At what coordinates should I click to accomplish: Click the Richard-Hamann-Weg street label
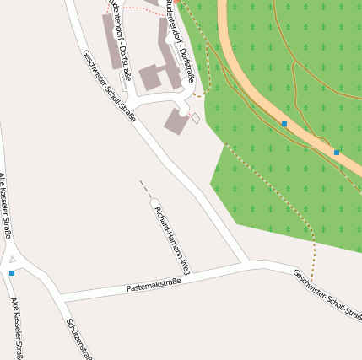coord(175,239)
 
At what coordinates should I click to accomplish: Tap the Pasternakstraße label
coord(154,287)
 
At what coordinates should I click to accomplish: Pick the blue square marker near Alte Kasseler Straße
coord(12,273)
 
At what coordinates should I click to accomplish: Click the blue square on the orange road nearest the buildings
coord(284,124)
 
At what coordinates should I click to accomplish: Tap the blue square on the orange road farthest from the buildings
coord(337,153)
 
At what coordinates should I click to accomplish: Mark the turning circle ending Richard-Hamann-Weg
coord(155,202)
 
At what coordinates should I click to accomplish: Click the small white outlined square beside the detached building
coord(196,119)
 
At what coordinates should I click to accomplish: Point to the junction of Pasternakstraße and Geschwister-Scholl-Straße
coord(247,265)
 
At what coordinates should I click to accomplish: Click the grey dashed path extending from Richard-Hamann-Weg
coord(145,188)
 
